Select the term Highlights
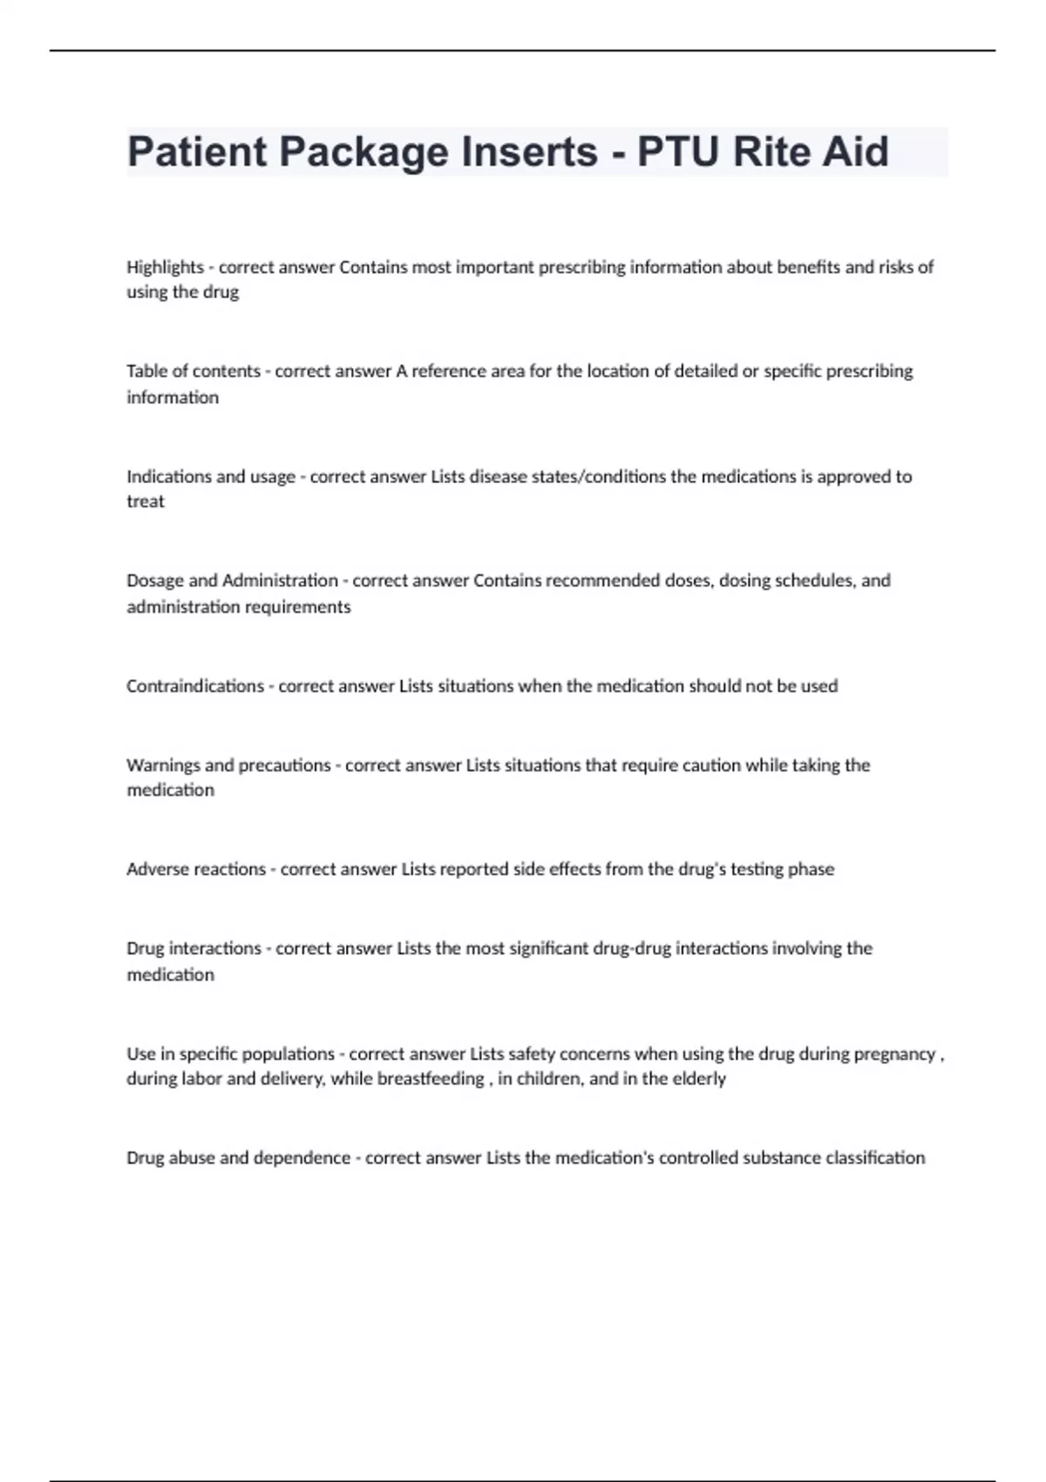click(x=165, y=268)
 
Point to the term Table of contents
click(x=194, y=371)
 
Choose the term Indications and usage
click(x=211, y=477)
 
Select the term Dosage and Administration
click(x=232, y=581)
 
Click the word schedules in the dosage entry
click(x=819, y=581)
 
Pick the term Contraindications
click(x=195, y=686)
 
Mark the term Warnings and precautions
click(x=228, y=765)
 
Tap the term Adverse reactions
click(x=196, y=869)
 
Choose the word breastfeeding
click(x=431, y=1079)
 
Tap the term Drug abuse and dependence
click(x=238, y=1159)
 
